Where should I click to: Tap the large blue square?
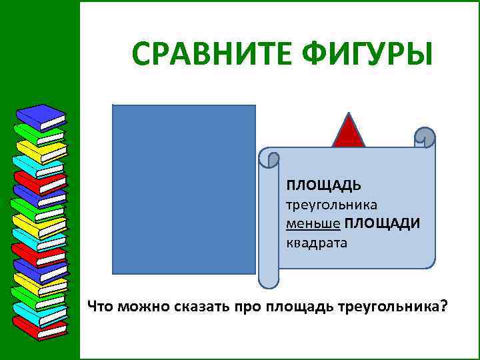click(x=184, y=189)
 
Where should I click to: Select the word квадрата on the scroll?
click(x=317, y=242)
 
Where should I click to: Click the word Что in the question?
click(x=101, y=307)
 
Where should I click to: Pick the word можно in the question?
click(x=143, y=307)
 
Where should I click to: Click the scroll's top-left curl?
click(x=269, y=159)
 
